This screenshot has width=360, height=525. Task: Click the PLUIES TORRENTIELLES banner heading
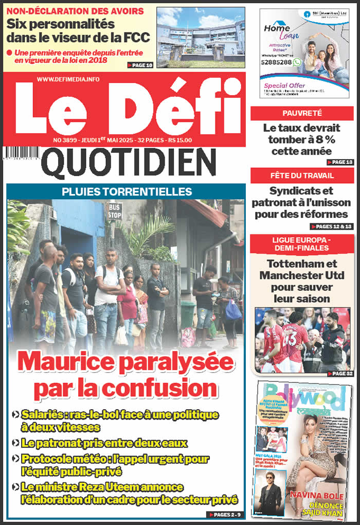(127, 192)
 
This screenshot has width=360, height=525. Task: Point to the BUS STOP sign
(114, 211)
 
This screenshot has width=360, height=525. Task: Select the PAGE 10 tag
(140, 65)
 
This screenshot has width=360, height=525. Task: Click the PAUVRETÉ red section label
(302, 113)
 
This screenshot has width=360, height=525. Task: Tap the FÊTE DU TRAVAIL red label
(302, 176)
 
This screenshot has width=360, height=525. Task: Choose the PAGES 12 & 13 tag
(332, 226)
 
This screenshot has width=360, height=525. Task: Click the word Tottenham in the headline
(302, 264)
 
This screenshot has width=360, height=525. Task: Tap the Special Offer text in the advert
(284, 85)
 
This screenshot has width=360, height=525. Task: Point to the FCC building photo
(200, 37)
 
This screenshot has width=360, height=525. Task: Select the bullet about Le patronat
(100, 443)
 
